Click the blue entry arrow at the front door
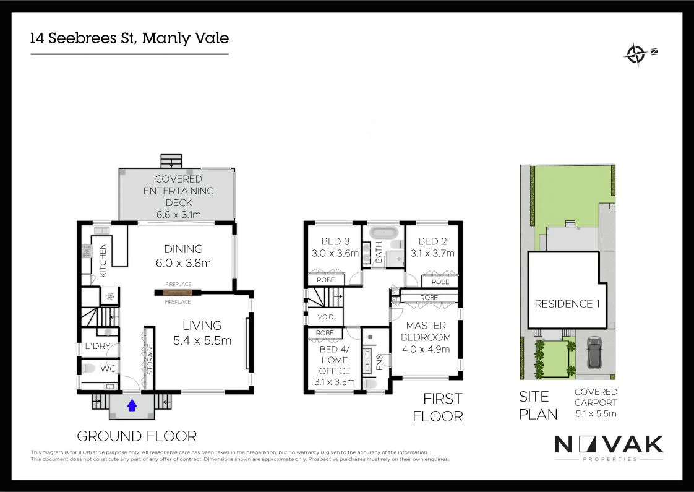132,405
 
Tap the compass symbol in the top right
635,54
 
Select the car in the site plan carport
594,353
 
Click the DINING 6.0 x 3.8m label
183,256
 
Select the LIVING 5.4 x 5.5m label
202,332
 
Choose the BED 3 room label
335,247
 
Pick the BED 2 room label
432,247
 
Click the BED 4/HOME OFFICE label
335,365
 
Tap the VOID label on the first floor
325,317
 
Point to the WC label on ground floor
109,369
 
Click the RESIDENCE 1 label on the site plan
563,304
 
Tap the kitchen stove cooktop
86,251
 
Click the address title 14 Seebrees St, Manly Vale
130,38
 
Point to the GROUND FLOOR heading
137,436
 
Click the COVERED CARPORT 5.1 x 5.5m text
596,403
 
